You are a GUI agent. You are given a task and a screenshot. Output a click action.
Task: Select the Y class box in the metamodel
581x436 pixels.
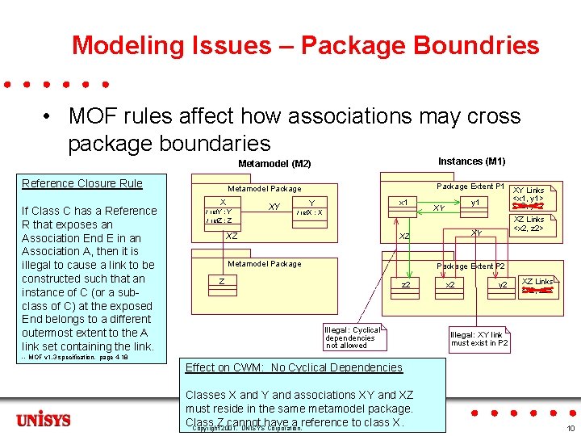coord(311,208)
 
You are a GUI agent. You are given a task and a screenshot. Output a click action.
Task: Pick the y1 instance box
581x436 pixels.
coord(475,203)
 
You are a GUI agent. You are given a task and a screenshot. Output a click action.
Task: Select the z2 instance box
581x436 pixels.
coord(407,285)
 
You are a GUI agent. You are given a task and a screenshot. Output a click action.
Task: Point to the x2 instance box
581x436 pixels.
coord(450,285)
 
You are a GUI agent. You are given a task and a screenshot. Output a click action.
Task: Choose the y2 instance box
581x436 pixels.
coord(500,285)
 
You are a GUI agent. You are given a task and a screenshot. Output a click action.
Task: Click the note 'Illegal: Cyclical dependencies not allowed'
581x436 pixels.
coord(353,337)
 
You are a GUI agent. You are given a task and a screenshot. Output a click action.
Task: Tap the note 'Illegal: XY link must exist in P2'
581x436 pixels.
coord(480,338)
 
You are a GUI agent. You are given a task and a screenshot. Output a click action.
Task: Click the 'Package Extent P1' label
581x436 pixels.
coord(470,187)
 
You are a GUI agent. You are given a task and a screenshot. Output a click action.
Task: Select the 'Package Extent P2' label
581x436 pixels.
coord(470,266)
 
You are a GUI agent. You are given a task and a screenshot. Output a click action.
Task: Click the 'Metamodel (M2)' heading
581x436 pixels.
coord(274,164)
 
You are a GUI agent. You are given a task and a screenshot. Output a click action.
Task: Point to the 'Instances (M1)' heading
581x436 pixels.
coord(471,161)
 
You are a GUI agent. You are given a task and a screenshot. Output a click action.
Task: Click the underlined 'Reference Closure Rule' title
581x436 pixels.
coord(82,183)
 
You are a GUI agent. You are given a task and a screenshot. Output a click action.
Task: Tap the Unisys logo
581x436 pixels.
coord(44,420)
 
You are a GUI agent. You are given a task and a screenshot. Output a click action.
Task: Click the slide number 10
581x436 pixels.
coord(570,428)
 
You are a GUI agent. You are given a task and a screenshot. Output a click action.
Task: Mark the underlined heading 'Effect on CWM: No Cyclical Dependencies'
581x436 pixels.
coord(294,367)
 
